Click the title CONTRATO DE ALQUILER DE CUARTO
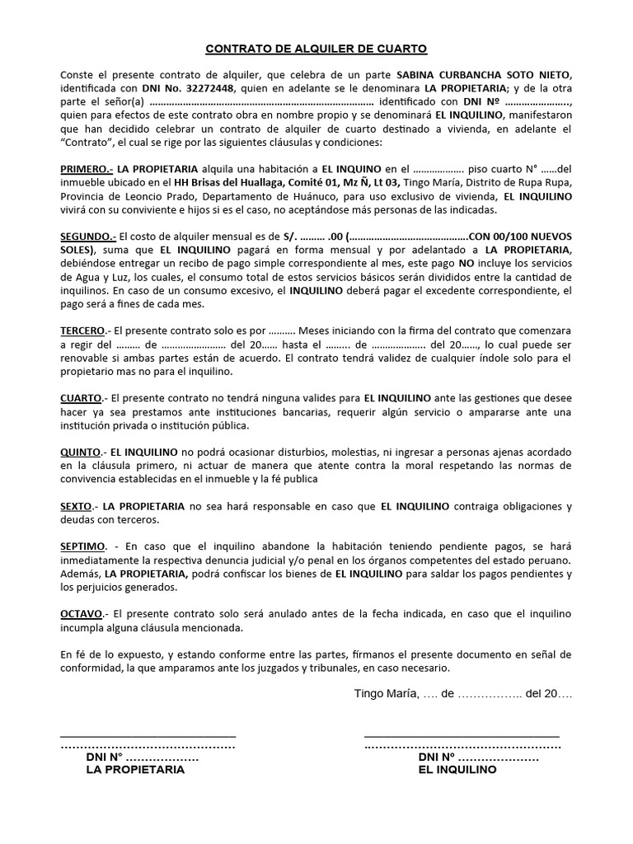click(316, 49)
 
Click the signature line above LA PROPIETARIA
click(148, 734)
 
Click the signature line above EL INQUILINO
click(462, 734)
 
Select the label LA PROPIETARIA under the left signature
click(135, 770)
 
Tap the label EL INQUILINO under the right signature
click(457, 770)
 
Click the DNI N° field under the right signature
click(478, 757)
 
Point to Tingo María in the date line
click(386, 694)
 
